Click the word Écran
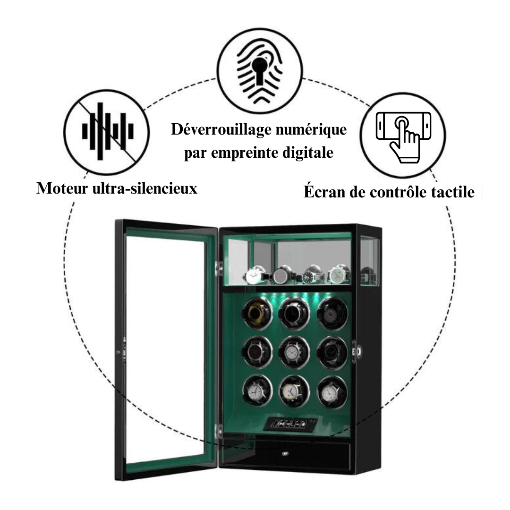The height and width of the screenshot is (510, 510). tap(322, 193)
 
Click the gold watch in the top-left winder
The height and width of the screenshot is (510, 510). tap(256, 313)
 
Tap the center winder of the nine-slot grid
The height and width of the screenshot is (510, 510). tap(294, 352)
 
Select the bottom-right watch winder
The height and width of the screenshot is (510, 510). tap(331, 391)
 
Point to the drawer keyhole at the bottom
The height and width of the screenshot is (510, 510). tap(285, 454)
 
